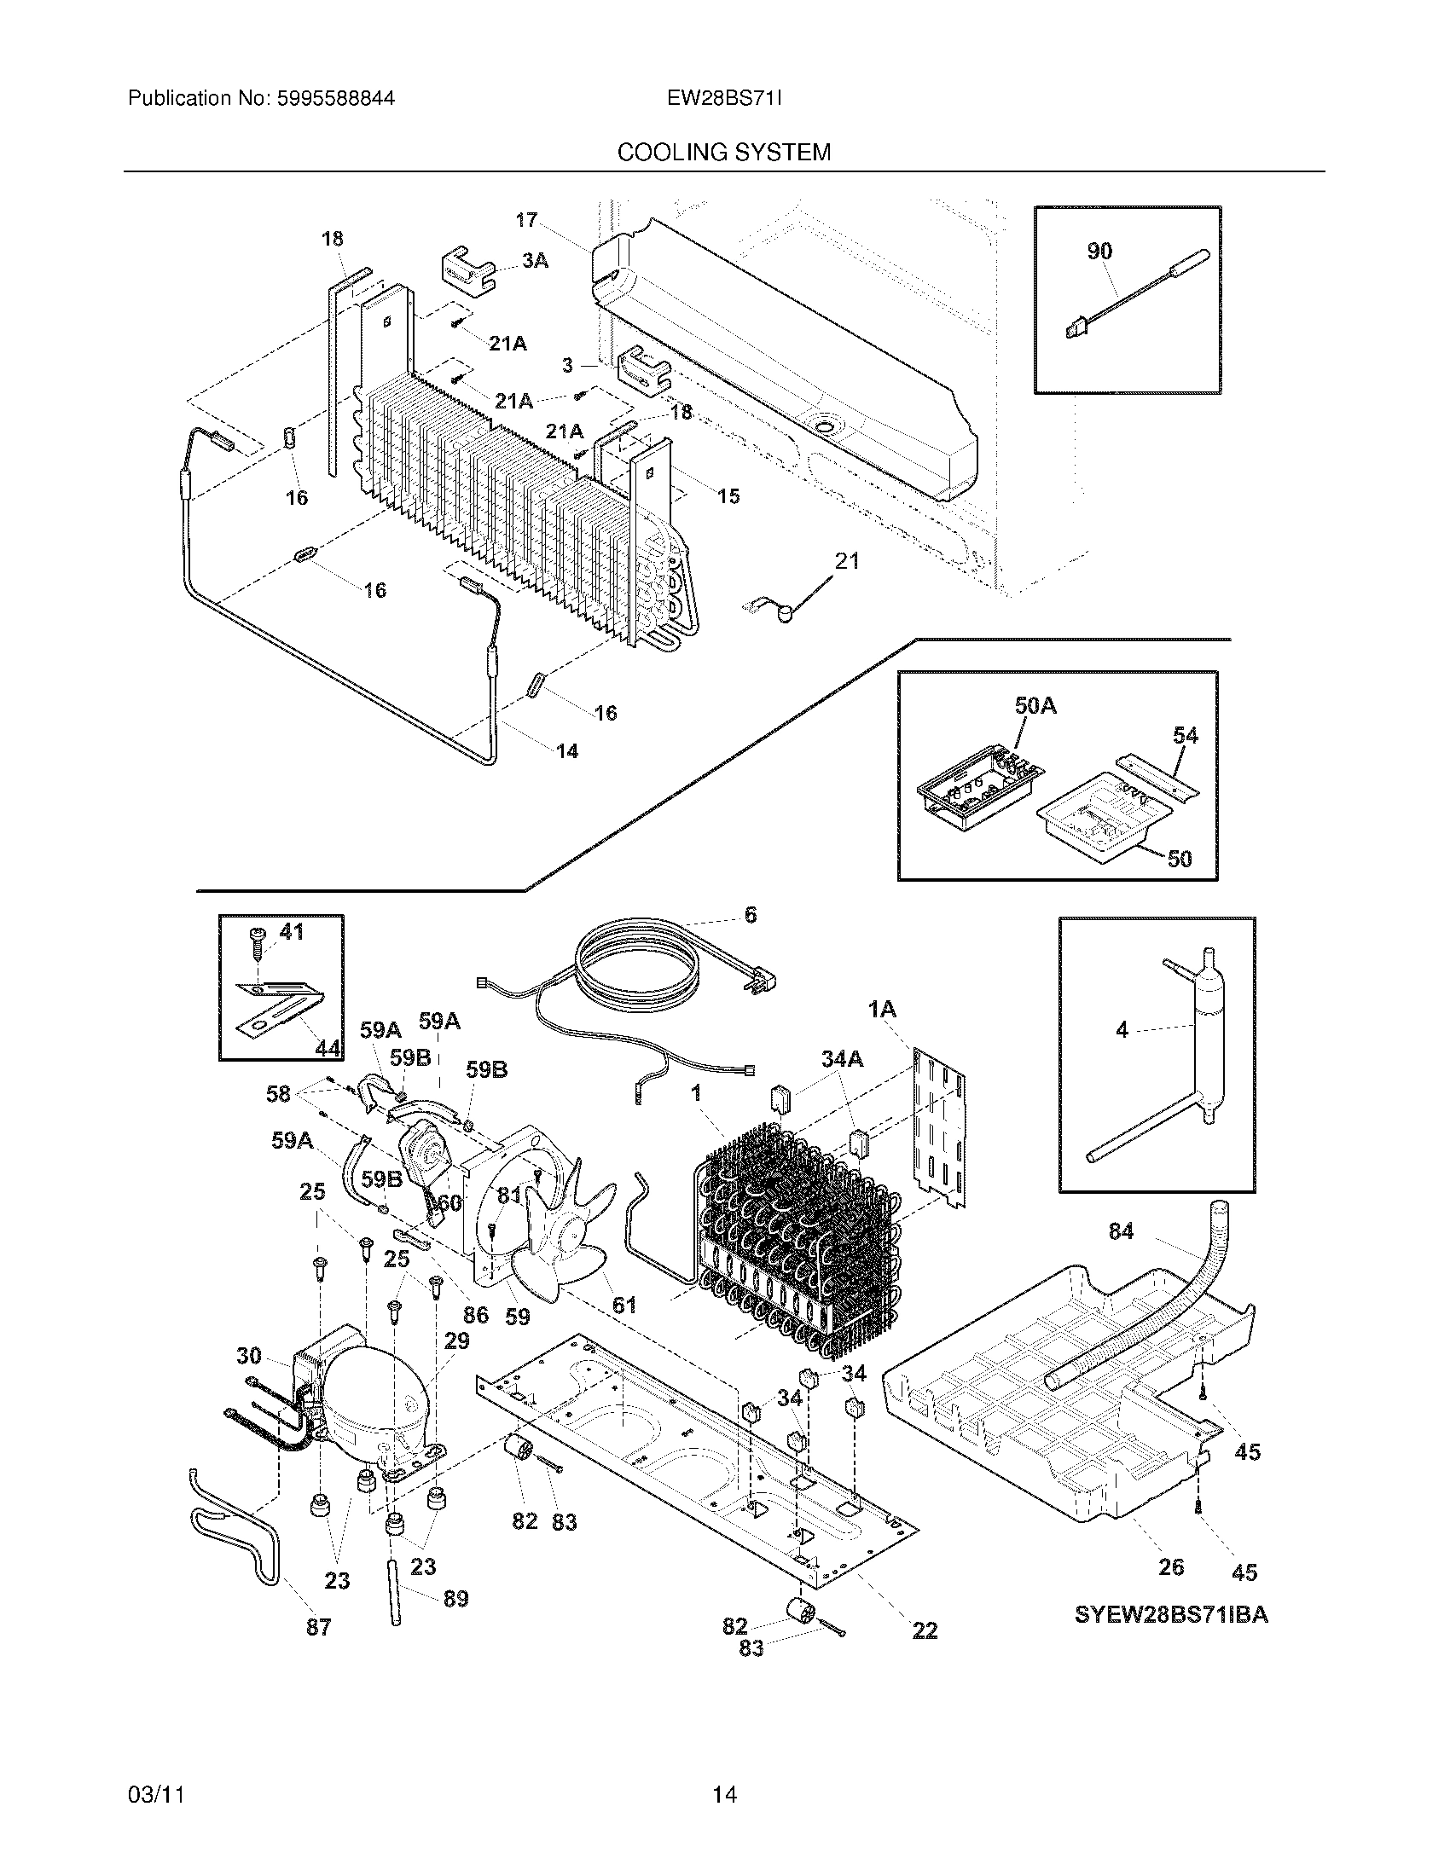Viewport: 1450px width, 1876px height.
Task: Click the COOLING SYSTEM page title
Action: coord(723,152)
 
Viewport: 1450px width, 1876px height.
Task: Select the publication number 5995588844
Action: coord(335,98)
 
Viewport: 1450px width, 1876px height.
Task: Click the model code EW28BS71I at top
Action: coord(723,98)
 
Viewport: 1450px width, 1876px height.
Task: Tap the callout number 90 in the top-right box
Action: coord(1099,251)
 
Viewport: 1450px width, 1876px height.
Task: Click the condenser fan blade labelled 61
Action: coord(563,1237)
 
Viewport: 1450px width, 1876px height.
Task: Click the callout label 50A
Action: coord(1035,706)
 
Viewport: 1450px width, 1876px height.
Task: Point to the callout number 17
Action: coord(525,220)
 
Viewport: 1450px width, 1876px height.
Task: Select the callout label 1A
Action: coord(881,1010)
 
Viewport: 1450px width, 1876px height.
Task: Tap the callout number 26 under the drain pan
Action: coord(1171,1566)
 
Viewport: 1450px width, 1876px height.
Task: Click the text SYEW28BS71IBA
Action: coord(1171,1615)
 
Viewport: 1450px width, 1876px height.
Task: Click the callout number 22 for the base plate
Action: coord(925,1630)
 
